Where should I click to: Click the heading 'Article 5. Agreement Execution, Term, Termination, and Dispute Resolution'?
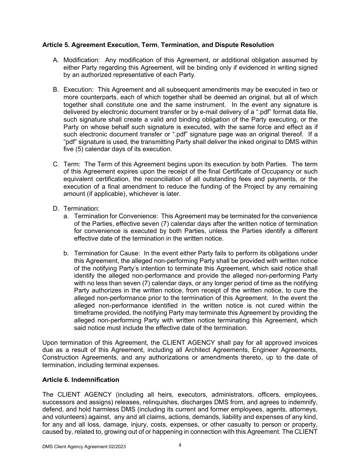coord(158,45)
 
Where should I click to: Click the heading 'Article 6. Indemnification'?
coord(80,380)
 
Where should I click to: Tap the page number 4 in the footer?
coord(180,445)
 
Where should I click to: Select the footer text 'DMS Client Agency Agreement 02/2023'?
coord(84,447)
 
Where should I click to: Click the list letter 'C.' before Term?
coord(56,164)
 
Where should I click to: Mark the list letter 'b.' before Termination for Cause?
coord(66,253)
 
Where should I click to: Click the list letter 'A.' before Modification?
coord(56,60)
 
